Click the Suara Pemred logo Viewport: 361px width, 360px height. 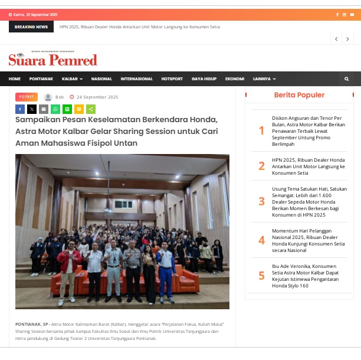pos(52,60)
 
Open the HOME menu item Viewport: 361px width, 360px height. pos(15,79)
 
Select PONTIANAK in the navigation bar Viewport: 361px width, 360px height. pos(41,79)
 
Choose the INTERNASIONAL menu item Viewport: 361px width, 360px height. pos(136,79)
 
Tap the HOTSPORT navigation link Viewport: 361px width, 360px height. pos(172,79)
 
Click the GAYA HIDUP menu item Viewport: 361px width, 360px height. pos(204,79)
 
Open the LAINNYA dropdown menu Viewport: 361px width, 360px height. pos(264,79)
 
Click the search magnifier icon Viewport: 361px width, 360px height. pos(347,79)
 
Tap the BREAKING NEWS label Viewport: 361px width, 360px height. pos(31,27)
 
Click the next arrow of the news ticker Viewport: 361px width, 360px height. pos(347,39)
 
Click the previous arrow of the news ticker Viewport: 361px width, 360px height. pos(336,39)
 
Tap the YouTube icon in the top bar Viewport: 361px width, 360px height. pos(351,15)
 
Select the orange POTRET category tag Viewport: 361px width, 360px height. pos(27,97)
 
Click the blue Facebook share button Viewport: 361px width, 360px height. pos(20,109)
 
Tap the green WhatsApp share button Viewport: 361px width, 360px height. pos(55,109)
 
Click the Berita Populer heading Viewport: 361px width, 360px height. pos(299,95)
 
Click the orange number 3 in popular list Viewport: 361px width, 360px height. pos(261,201)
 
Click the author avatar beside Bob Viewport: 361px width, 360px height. pos(48,97)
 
